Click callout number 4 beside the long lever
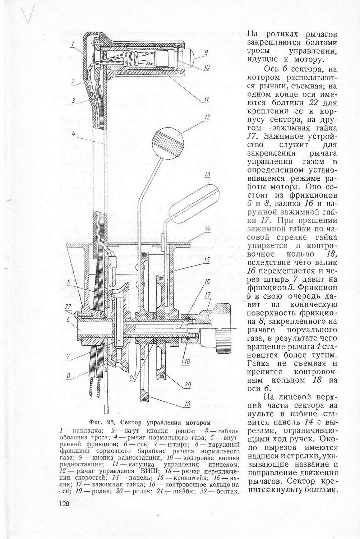tap(73, 134)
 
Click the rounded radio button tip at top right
tap(190, 55)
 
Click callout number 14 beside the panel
tap(207, 229)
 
